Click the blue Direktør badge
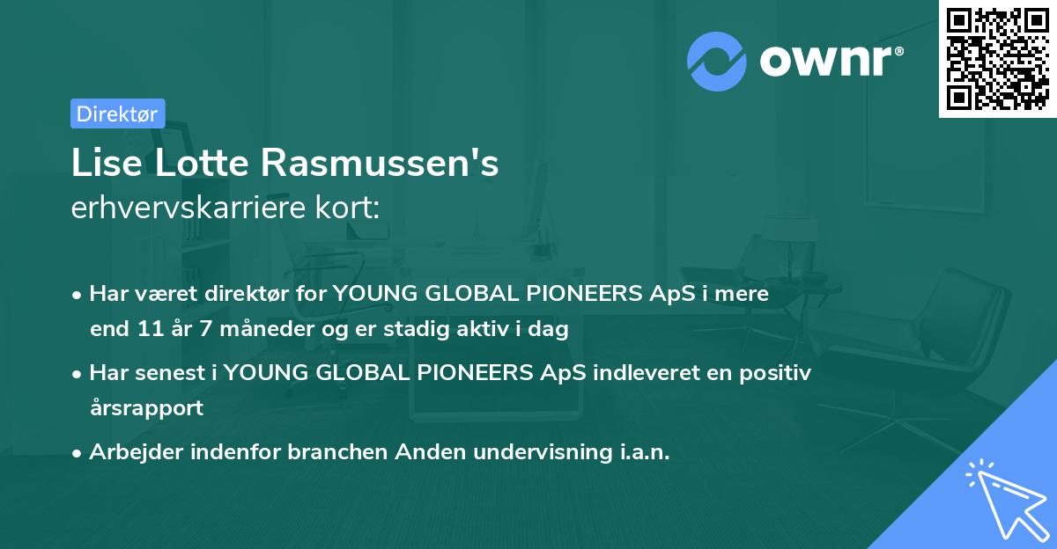click(x=117, y=113)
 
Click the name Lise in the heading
click(x=100, y=164)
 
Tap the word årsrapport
click(x=146, y=408)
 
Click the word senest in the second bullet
click(x=173, y=372)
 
